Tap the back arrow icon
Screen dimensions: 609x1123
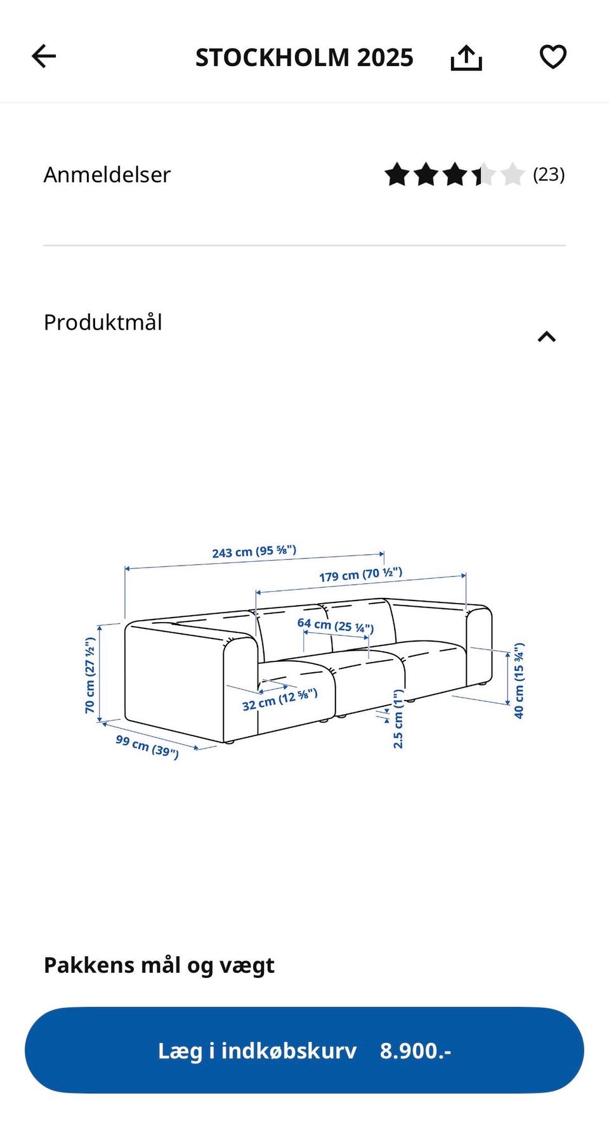(44, 56)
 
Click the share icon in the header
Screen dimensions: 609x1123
(466, 58)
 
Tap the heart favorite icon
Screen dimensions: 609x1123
(553, 57)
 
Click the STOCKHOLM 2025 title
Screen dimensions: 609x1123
(304, 58)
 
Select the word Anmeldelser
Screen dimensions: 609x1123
(107, 174)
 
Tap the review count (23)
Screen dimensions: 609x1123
(549, 174)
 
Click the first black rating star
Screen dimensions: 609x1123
(397, 174)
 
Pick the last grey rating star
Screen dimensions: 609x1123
(512, 174)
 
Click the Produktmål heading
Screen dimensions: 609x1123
(103, 322)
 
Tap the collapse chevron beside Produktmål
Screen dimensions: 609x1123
(547, 337)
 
